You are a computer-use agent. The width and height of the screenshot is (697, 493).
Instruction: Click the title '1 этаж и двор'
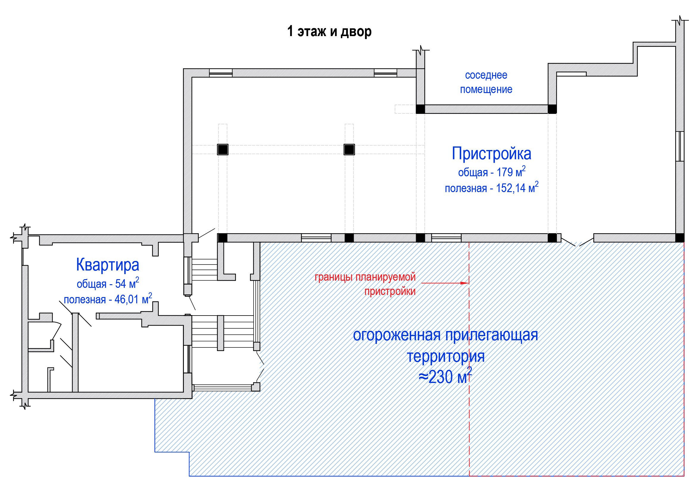tap(329, 31)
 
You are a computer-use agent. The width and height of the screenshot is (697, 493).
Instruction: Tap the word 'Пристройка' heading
tap(491, 154)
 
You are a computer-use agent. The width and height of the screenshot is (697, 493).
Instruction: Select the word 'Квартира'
tap(108, 265)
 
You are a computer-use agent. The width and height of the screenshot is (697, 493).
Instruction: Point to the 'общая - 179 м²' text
tap(492, 171)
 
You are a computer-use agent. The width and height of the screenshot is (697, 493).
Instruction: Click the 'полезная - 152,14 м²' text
tap(492, 187)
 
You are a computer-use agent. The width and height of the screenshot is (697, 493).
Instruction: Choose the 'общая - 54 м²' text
tap(108, 283)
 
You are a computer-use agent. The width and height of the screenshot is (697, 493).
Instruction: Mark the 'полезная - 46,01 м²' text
tap(108, 299)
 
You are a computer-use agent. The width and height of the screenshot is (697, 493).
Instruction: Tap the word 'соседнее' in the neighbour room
tap(486, 75)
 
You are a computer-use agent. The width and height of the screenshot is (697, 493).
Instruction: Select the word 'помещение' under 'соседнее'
tap(486, 89)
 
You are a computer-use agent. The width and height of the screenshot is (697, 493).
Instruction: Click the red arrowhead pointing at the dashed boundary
tap(465, 283)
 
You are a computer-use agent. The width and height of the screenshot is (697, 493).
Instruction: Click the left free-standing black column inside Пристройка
tap(223, 149)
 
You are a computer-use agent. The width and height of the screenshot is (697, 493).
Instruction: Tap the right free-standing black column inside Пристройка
tap(349, 149)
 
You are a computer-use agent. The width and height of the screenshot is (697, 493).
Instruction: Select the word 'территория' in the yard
tap(445, 356)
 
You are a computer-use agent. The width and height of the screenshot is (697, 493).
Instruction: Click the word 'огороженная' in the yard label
tap(397, 335)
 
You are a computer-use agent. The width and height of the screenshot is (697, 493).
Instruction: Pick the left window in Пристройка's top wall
tap(221, 73)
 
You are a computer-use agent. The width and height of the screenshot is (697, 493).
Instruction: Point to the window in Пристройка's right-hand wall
tap(680, 146)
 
